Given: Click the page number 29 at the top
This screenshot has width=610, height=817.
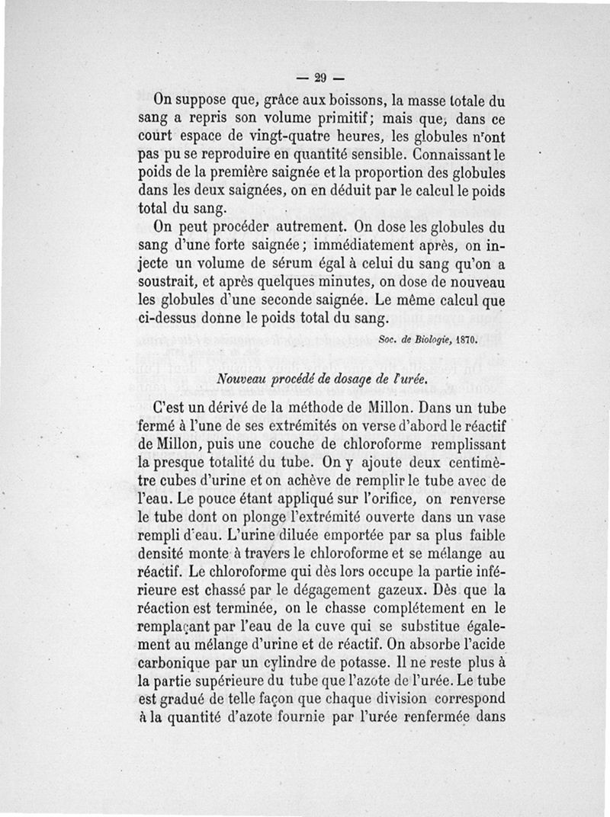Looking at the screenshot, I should pos(319,76).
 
